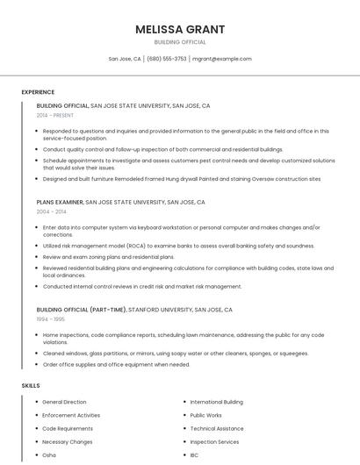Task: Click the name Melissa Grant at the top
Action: click(x=180, y=29)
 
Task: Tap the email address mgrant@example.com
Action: click(x=221, y=59)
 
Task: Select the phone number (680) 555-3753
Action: click(x=166, y=59)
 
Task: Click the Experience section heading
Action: click(x=38, y=92)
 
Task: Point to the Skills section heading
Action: click(x=31, y=385)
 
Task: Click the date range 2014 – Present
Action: click(x=54, y=115)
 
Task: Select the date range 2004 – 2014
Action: click(x=51, y=211)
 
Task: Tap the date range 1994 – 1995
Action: click(x=50, y=319)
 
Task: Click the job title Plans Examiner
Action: click(x=59, y=202)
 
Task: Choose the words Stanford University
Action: click(x=161, y=310)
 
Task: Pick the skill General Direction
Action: click(x=64, y=402)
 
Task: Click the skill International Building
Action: click(x=216, y=402)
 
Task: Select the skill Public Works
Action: click(x=205, y=415)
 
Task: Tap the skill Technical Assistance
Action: click(x=216, y=428)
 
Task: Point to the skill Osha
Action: click(x=49, y=455)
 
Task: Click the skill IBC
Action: click(x=194, y=455)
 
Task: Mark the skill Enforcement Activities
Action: click(x=71, y=415)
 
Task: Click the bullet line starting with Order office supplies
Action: click(x=116, y=364)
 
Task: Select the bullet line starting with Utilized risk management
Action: click(x=166, y=246)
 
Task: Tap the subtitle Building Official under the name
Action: click(x=180, y=41)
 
